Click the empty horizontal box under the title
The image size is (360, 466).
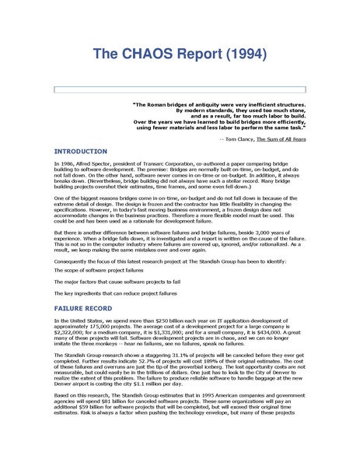[179, 90]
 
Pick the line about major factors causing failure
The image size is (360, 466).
[103, 281]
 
